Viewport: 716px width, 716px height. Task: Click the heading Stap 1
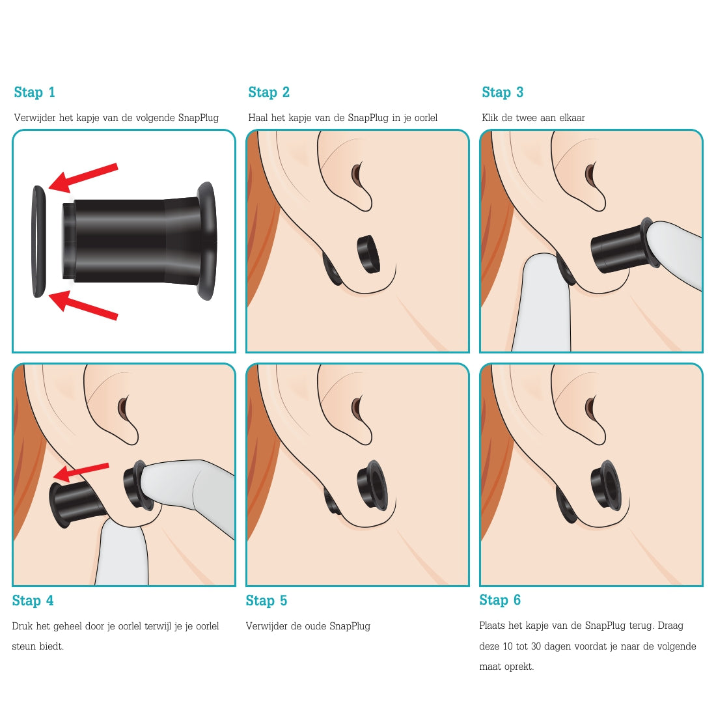point(34,92)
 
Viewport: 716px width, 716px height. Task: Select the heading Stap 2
point(269,92)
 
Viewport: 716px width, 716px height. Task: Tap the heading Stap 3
point(503,92)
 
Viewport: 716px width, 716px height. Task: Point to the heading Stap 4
point(33,601)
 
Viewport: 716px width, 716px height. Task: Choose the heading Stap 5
point(267,601)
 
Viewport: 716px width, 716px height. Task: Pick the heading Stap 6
point(500,600)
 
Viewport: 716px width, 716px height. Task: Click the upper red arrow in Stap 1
point(83,177)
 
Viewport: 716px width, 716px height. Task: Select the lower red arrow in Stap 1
point(83,305)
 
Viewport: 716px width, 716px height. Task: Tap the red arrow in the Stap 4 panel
point(81,473)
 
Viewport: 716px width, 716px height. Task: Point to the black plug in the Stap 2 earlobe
point(369,255)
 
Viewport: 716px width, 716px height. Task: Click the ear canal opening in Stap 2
point(357,174)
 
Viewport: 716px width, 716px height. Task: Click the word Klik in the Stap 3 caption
point(490,118)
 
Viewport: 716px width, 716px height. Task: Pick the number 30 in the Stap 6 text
point(536,646)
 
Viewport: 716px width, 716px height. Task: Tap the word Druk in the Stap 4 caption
point(22,626)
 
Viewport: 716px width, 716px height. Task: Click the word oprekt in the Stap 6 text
point(519,667)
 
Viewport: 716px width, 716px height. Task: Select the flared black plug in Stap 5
point(373,485)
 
